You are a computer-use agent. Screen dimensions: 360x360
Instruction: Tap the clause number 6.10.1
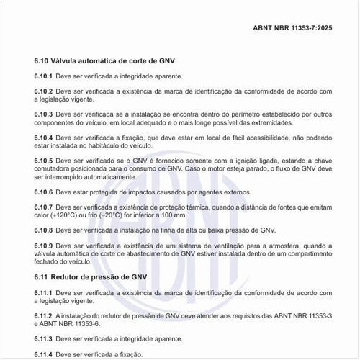tap(43, 76)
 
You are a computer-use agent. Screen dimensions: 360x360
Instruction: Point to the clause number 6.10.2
tap(43, 91)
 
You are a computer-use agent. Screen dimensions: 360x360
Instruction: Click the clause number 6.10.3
tap(43, 114)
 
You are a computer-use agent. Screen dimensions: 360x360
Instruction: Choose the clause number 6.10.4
tap(43, 138)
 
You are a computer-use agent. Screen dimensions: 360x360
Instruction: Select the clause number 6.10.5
tap(43, 161)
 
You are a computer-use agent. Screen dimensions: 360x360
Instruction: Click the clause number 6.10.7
tap(43, 207)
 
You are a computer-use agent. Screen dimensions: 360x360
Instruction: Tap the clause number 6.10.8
tap(43, 230)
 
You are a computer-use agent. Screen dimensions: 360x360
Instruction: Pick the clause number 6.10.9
tap(43, 246)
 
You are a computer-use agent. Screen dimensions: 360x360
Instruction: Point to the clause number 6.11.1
tap(43, 292)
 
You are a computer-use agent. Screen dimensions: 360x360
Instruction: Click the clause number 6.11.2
tap(43, 315)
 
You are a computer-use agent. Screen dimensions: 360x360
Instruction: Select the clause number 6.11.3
tap(43, 338)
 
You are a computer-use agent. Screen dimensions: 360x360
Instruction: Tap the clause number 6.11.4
tap(43, 354)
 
